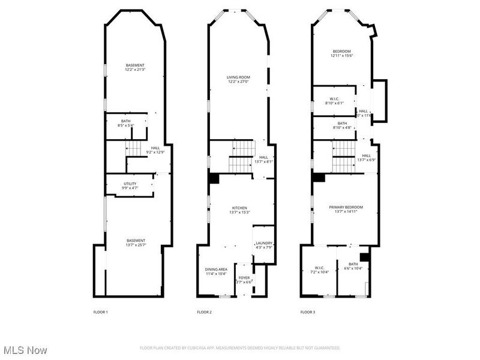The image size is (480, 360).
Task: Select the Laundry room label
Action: (x=264, y=245)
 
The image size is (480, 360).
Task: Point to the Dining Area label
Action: (x=216, y=271)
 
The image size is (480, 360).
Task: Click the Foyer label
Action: (x=244, y=280)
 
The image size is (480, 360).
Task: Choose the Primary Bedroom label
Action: (x=346, y=209)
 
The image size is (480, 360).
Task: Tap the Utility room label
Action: (x=130, y=186)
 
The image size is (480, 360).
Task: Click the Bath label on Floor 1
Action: (x=125, y=123)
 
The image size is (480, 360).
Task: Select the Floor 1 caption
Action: (x=100, y=312)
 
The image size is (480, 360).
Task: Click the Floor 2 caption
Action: (x=204, y=312)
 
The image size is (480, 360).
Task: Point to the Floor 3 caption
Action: (x=307, y=312)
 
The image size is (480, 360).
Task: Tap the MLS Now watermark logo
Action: (x=25, y=349)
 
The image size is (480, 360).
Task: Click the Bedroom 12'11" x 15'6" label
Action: (x=341, y=53)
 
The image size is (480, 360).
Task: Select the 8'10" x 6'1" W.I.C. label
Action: (x=334, y=101)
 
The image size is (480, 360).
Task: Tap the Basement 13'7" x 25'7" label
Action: (x=136, y=242)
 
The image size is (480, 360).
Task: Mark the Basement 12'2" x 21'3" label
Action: (x=135, y=67)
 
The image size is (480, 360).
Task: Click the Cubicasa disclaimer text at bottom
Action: (x=240, y=348)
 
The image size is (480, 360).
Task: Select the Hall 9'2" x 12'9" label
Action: (x=155, y=150)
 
